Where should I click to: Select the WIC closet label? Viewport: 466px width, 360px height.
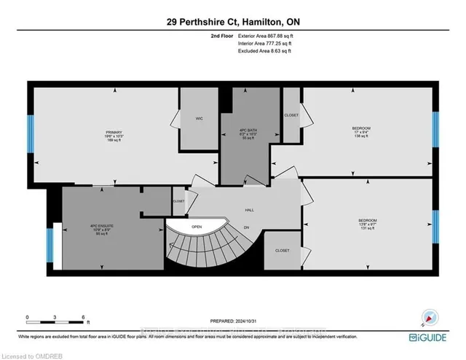pos(197,117)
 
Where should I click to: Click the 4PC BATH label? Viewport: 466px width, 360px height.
pos(249,133)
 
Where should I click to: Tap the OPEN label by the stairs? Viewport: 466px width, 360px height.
pos(197,227)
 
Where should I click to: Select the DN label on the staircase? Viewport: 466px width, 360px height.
pos(246,227)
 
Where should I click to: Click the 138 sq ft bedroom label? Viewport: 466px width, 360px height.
pos(363,132)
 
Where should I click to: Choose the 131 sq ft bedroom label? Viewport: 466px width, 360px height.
pos(367,222)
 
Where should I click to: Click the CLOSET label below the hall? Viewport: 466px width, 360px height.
pos(282,251)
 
